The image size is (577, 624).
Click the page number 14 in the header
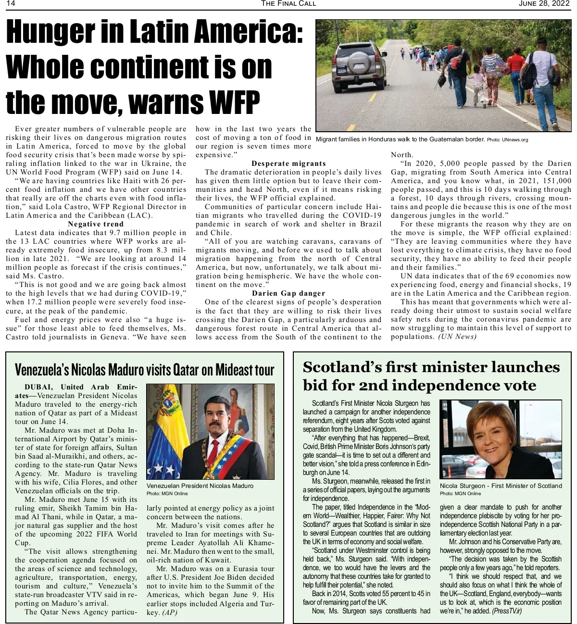tap(11, 4)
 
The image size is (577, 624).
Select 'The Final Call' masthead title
tap(288, 4)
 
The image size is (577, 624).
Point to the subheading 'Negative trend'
tap(96, 224)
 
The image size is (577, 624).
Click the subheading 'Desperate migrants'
tap(288, 163)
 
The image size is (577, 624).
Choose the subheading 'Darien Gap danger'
tap(288, 293)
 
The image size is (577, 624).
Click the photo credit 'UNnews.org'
tap(514, 140)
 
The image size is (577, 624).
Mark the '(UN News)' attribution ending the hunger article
tap(457, 337)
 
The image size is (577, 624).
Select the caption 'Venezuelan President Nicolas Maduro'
tap(200, 486)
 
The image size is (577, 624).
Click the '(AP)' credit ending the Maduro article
tap(170, 612)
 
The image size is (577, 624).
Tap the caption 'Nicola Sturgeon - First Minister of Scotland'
tap(501, 486)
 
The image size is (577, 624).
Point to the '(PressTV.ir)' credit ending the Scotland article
tap(507, 611)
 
